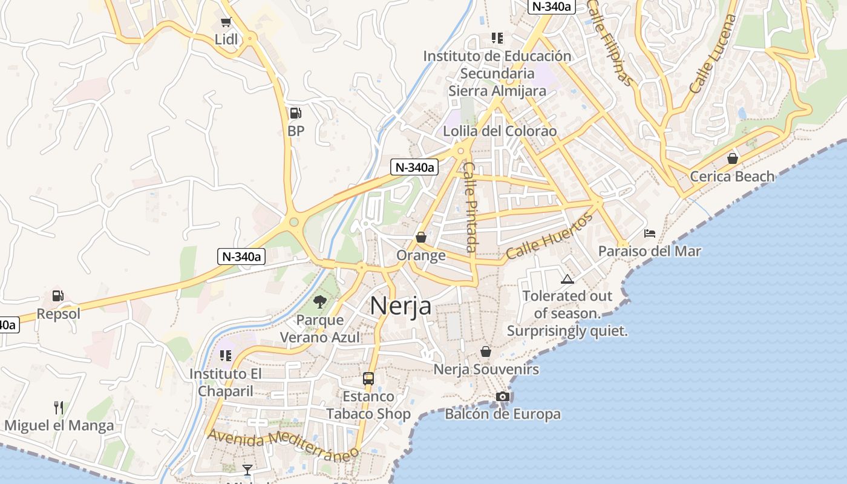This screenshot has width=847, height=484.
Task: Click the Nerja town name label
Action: [401, 306]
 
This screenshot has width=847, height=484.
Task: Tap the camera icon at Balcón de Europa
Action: [502, 397]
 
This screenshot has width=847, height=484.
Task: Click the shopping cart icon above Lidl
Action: [226, 22]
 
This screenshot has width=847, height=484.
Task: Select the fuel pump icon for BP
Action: [295, 113]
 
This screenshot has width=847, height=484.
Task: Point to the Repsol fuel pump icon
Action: [58, 296]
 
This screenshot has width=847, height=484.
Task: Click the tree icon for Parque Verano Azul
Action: [319, 301]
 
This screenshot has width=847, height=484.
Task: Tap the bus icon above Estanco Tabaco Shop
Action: [368, 379]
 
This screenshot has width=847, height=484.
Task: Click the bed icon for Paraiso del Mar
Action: [650, 233]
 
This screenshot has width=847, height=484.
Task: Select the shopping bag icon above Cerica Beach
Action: [732, 159]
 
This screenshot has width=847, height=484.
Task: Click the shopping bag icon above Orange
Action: [421, 237]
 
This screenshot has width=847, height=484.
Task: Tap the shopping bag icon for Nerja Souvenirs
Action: [486, 352]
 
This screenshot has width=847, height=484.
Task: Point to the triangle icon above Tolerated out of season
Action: [567, 279]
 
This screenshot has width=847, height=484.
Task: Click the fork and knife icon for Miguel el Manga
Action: [59, 407]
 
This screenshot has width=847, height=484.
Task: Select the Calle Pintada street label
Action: [470, 207]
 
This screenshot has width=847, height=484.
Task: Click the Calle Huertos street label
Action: [549, 236]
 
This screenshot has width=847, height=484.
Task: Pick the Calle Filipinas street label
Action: [610, 42]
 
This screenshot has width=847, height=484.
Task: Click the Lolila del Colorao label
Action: [491, 131]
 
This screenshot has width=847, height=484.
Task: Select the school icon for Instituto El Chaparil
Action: [226, 355]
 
